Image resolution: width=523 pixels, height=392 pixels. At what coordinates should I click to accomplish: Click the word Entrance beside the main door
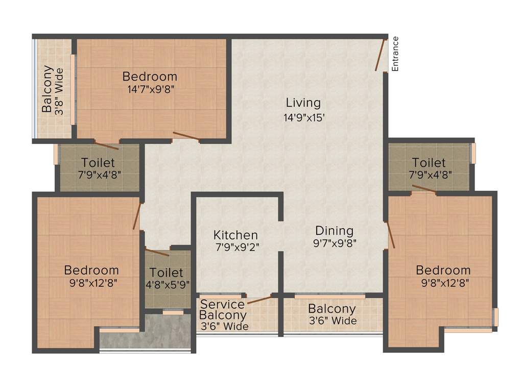click(395, 54)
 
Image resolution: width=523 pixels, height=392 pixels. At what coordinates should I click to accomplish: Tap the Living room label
click(303, 103)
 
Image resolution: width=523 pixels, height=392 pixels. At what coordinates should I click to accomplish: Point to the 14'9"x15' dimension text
click(303, 117)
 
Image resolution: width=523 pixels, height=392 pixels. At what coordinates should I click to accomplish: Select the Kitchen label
click(235, 235)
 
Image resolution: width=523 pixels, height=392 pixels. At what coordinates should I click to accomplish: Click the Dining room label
click(334, 230)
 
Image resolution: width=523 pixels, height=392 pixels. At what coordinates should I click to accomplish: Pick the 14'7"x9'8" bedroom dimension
click(150, 89)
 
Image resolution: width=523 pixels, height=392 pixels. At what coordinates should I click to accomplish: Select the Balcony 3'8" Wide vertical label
click(53, 89)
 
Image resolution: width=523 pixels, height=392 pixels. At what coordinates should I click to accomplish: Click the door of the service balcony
click(259, 299)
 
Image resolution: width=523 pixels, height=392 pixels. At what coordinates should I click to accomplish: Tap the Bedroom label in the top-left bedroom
click(150, 77)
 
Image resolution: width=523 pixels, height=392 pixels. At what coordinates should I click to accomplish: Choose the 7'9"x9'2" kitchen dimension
click(235, 248)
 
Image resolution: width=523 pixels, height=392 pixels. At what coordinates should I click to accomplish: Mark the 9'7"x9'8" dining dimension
click(334, 243)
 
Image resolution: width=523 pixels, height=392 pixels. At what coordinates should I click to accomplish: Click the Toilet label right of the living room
click(429, 163)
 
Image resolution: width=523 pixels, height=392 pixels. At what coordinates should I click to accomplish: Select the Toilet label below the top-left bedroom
click(98, 163)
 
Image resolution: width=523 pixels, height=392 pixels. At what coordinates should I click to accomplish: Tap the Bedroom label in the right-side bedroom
click(443, 270)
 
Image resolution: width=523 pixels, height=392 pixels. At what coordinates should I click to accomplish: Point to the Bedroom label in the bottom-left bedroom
click(91, 270)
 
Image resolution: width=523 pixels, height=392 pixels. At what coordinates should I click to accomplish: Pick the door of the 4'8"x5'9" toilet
click(157, 252)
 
